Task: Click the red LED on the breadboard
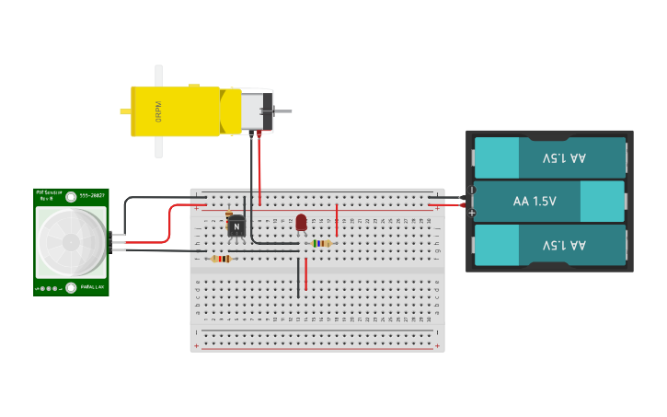click(301, 222)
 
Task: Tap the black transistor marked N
click(236, 226)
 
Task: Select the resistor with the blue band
click(321, 244)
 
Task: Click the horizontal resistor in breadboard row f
click(222, 259)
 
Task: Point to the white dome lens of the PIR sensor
click(70, 241)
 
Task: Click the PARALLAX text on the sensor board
click(93, 288)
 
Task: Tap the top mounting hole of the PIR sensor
click(71, 195)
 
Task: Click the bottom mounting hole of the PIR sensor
click(71, 288)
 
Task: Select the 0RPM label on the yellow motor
click(158, 111)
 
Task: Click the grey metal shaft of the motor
click(282, 111)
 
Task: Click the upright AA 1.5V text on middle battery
click(535, 201)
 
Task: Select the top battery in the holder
click(549, 157)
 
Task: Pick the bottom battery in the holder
click(549, 246)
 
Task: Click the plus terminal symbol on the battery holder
click(472, 213)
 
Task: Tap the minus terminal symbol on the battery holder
click(472, 191)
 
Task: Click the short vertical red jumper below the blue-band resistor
click(305, 273)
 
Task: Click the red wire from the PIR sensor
click(171, 226)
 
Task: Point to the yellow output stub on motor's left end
click(125, 111)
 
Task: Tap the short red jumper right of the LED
click(337, 221)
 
